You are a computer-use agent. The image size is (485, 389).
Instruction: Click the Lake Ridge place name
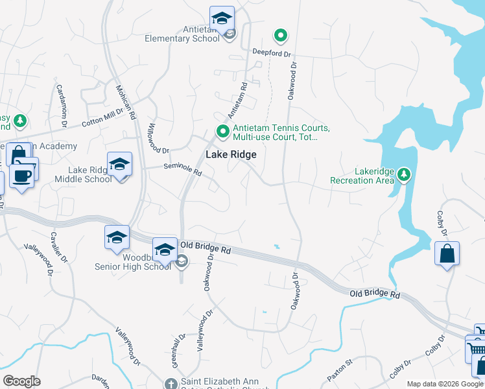[x=231, y=155]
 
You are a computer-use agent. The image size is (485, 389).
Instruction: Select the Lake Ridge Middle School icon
[x=120, y=165]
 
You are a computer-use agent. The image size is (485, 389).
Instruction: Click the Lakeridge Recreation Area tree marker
[x=404, y=174]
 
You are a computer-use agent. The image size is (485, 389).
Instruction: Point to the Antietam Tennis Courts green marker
[x=224, y=132]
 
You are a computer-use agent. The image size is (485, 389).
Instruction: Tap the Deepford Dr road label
[x=272, y=53]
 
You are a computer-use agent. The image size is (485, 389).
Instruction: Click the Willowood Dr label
[x=158, y=137]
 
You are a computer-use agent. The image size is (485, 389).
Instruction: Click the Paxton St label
[x=339, y=377]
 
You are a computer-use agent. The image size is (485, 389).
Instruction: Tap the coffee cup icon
[x=21, y=176]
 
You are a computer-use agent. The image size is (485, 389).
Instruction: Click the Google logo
[x=21, y=381]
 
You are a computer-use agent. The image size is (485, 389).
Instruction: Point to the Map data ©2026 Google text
[x=445, y=384]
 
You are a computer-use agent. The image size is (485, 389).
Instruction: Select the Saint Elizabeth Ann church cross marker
[x=170, y=384]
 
